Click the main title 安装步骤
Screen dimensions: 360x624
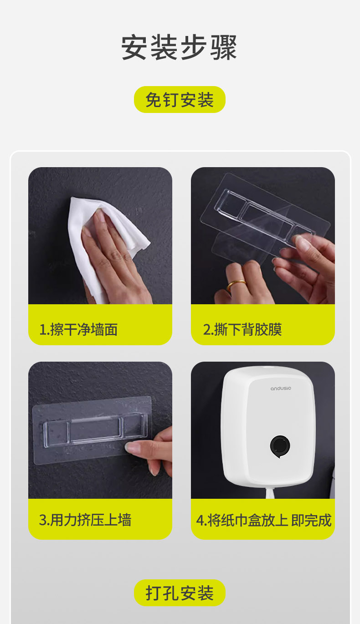coord(179,47)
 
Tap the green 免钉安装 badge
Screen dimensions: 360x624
coord(180,99)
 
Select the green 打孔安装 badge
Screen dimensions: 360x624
coord(180,593)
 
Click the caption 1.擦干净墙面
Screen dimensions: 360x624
coord(78,330)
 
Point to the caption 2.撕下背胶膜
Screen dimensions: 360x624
coord(242,330)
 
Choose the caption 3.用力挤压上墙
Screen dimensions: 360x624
coord(85,520)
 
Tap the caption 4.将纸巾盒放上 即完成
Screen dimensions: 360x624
coord(264,520)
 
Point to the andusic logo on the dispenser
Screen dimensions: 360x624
coord(281,389)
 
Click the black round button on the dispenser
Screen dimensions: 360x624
coord(280,446)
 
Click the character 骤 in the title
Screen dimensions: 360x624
coord(223,47)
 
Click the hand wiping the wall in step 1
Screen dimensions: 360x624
coord(117,256)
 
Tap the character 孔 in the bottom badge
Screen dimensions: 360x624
coord(171,593)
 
